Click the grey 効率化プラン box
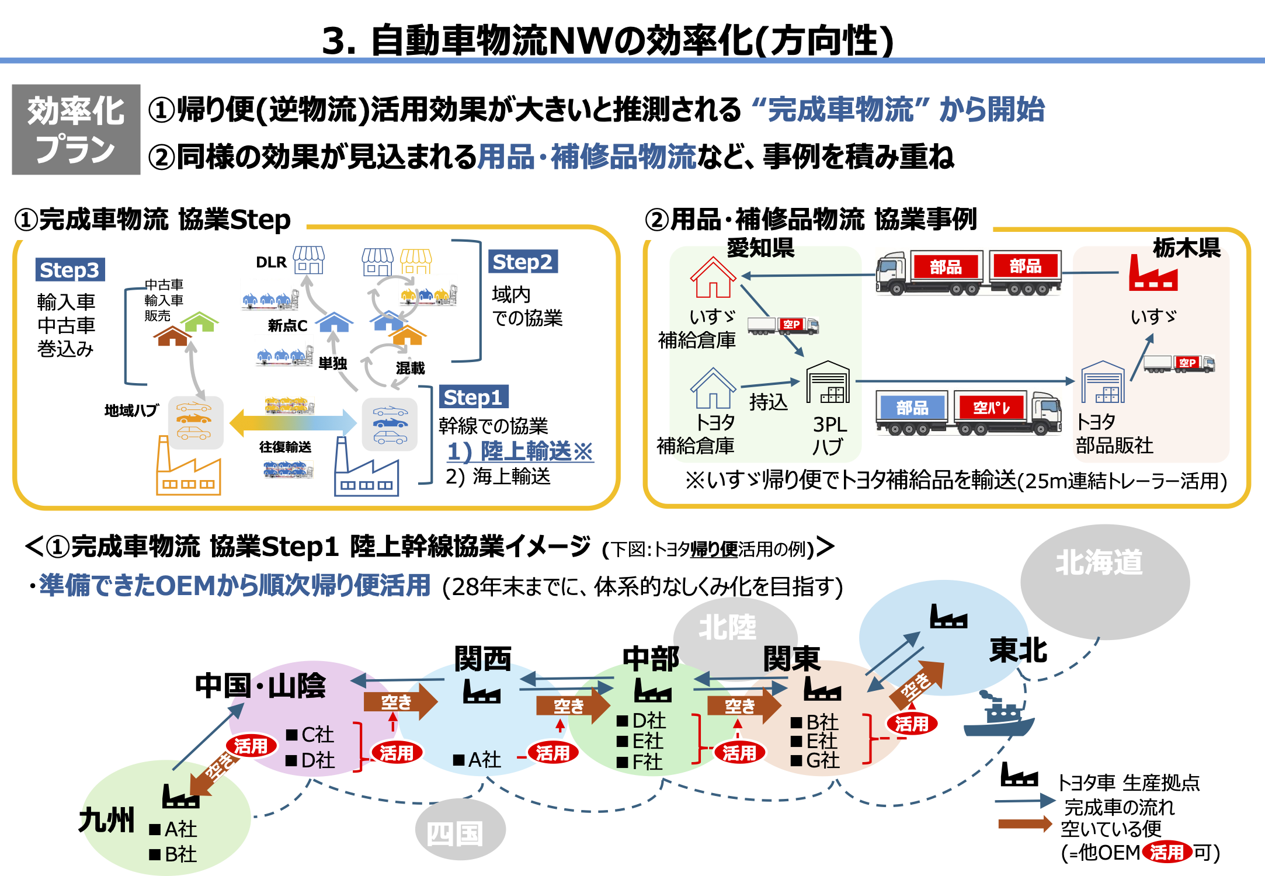pyautogui.click(x=76, y=129)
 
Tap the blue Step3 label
pyautogui.click(x=70, y=270)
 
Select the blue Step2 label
pyautogui.click(x=523, y=262)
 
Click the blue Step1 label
pyautogui.click(x=473, y=397)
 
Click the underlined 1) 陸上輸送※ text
pyautogui.click(x=520, y=451)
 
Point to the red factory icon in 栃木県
pyautogui.click(x=1153, y=272)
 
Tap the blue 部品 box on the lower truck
pyautogui.click(x=912, y=407)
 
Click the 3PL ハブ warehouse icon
pyautogui.click(x=828, y=383)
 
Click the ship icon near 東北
pyautogui.click(x=998, y=715)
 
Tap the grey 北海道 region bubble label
pyautogui.click(x=1099, y=563)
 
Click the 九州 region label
pyautogui.click(x=106, y=820)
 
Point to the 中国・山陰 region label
pyautogui.click(x=260, y=686)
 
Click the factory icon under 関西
pyautogui.click(x=482, y=691)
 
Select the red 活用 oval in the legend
pyautogui.click(x=1166, y=853)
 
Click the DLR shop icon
pyautogui.click(x=308, y=260)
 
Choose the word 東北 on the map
pyautogui.click(x=1019, y=651)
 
